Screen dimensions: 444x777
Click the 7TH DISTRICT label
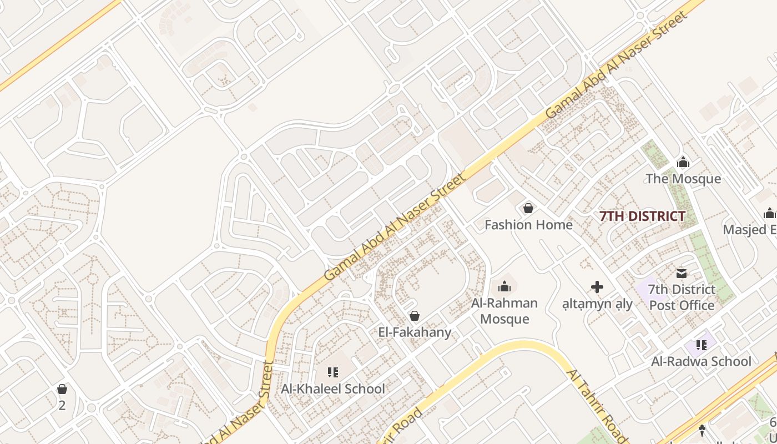(x=642, y=216)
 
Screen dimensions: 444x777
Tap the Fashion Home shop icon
(x=528, y=209)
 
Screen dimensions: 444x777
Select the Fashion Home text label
(x=528, y=225)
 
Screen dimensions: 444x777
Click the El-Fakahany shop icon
(x=414, y=316)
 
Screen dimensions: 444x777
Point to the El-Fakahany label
(x=415, y=332)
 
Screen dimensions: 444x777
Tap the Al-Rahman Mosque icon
(x=504, y=286)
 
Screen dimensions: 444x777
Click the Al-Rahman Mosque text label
(x=504, y=311)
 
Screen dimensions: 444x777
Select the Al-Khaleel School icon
(x=333, y=372)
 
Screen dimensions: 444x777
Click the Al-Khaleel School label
(x=333, y=389)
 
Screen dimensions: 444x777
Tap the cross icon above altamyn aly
(x=597, y=287)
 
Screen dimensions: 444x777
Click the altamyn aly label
(x=597, y=304)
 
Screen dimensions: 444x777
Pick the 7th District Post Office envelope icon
(x=682, y=273)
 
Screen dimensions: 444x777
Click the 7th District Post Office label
(x=682, y=297)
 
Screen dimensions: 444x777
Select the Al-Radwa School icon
(x=701, y=345)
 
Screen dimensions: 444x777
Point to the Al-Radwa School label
(x=701, y=361)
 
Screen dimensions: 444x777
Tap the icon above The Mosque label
(x=683, y=162)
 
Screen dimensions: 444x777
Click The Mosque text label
(x=683, y=179)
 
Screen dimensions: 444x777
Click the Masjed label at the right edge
(x=749, y=229)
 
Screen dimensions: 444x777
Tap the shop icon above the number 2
(x=62, y=389)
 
